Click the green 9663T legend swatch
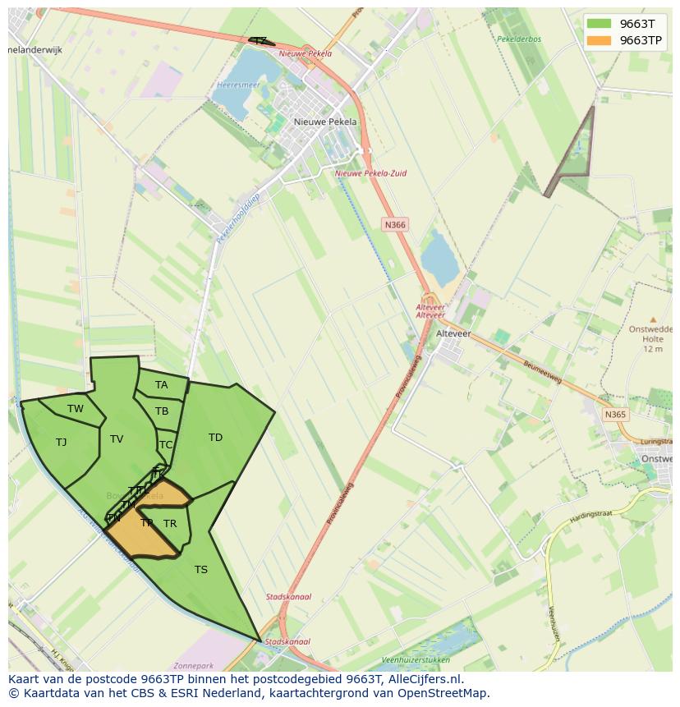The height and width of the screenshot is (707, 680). click(x=600, y=24)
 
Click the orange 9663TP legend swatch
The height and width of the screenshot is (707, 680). click(x=600, y=40)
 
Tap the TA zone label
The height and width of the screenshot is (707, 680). click(x=162, y=385)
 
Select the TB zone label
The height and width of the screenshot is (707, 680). click(x=162, y=411)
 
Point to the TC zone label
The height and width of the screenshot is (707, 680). click(x=166, y=445)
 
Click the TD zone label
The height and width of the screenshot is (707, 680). click(x=215, y=438)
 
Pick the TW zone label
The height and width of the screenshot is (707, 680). click(x=76, y=409)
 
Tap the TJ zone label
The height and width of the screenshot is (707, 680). click(x=61, y=443)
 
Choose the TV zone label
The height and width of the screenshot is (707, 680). click(x=117, y=439)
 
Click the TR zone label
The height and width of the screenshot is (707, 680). click(x=170, y=524)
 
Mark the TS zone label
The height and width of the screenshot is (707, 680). click(x=201, y=570)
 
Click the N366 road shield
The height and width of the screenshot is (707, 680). click(x=395, y=224)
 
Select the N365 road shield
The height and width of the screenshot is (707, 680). click(x=615, y=415)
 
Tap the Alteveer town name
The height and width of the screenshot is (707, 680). click(x=453, y=334)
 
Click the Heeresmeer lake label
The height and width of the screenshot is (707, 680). click(x=238, y=85)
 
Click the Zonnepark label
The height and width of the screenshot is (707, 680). click(x=194, y=666)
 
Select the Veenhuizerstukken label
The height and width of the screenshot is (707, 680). click(x=416, y=659)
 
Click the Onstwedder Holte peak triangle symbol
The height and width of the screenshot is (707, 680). click(x=653, y=319)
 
